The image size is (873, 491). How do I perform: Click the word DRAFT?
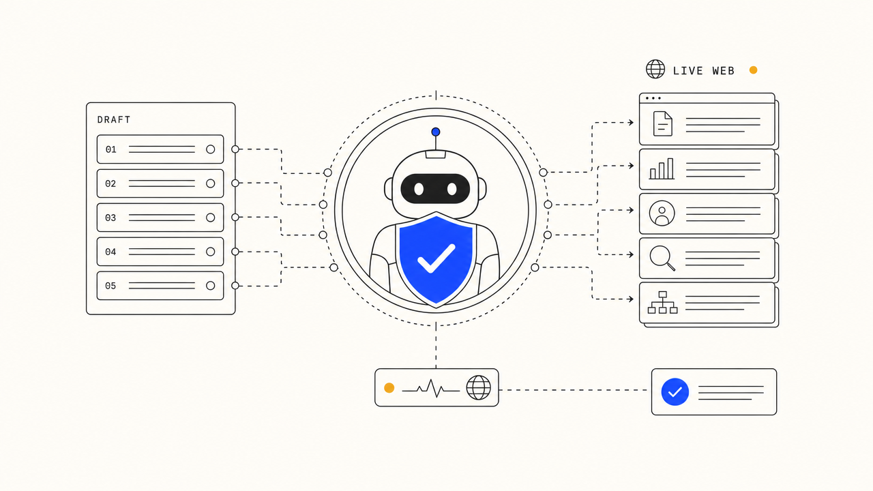click(x=114, y=119)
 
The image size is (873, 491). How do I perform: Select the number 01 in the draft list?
click(x=110, y=149)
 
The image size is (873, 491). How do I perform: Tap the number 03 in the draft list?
click(x=110, y=218)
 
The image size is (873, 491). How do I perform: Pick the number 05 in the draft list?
click(x=110, y=286)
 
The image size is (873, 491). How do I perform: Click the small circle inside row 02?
click(x=211, y=183)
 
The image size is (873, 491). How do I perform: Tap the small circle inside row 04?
click(x=211, y=252)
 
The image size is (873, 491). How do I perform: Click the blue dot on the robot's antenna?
click(x=436, y=132)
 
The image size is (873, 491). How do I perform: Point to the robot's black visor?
click(x=435, y=189)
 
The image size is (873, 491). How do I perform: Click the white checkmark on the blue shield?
click(x=436, y=258)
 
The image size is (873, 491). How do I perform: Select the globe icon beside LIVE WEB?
click(x=655, y=69)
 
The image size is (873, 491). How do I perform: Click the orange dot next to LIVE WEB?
click(x=754, y=70)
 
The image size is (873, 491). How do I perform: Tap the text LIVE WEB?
click(x=704, y=71)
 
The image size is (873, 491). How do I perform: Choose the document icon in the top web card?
click(x=662, y=123)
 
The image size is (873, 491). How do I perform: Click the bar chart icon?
click(x=662, y=168)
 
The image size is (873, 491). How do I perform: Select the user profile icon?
click(x=662, y=213)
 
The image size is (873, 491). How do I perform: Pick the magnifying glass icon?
click(x=662, y=258)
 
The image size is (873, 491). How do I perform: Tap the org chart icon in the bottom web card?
click(x=662, y=302)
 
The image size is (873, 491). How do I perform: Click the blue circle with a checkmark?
click(x=675, y=391)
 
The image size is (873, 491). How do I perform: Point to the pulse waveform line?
click(x=430, y=389)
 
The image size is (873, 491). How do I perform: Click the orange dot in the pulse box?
click(x=389, y=388)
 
